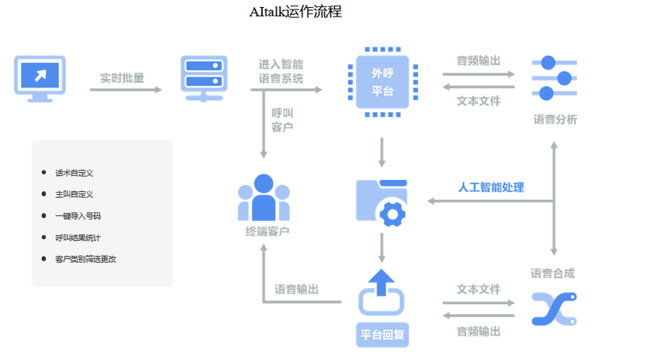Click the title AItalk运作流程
295,12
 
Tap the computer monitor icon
39,78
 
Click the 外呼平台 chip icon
382,82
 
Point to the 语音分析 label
554,120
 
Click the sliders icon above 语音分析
554,77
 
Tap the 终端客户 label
267,231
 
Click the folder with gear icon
382,202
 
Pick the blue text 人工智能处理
491,188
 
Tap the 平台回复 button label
383,334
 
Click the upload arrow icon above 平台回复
382,292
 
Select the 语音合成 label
553,273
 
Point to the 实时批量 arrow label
122,78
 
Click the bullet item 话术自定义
74,173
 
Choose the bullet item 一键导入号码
77,216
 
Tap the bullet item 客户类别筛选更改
85,259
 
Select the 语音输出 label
296,290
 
